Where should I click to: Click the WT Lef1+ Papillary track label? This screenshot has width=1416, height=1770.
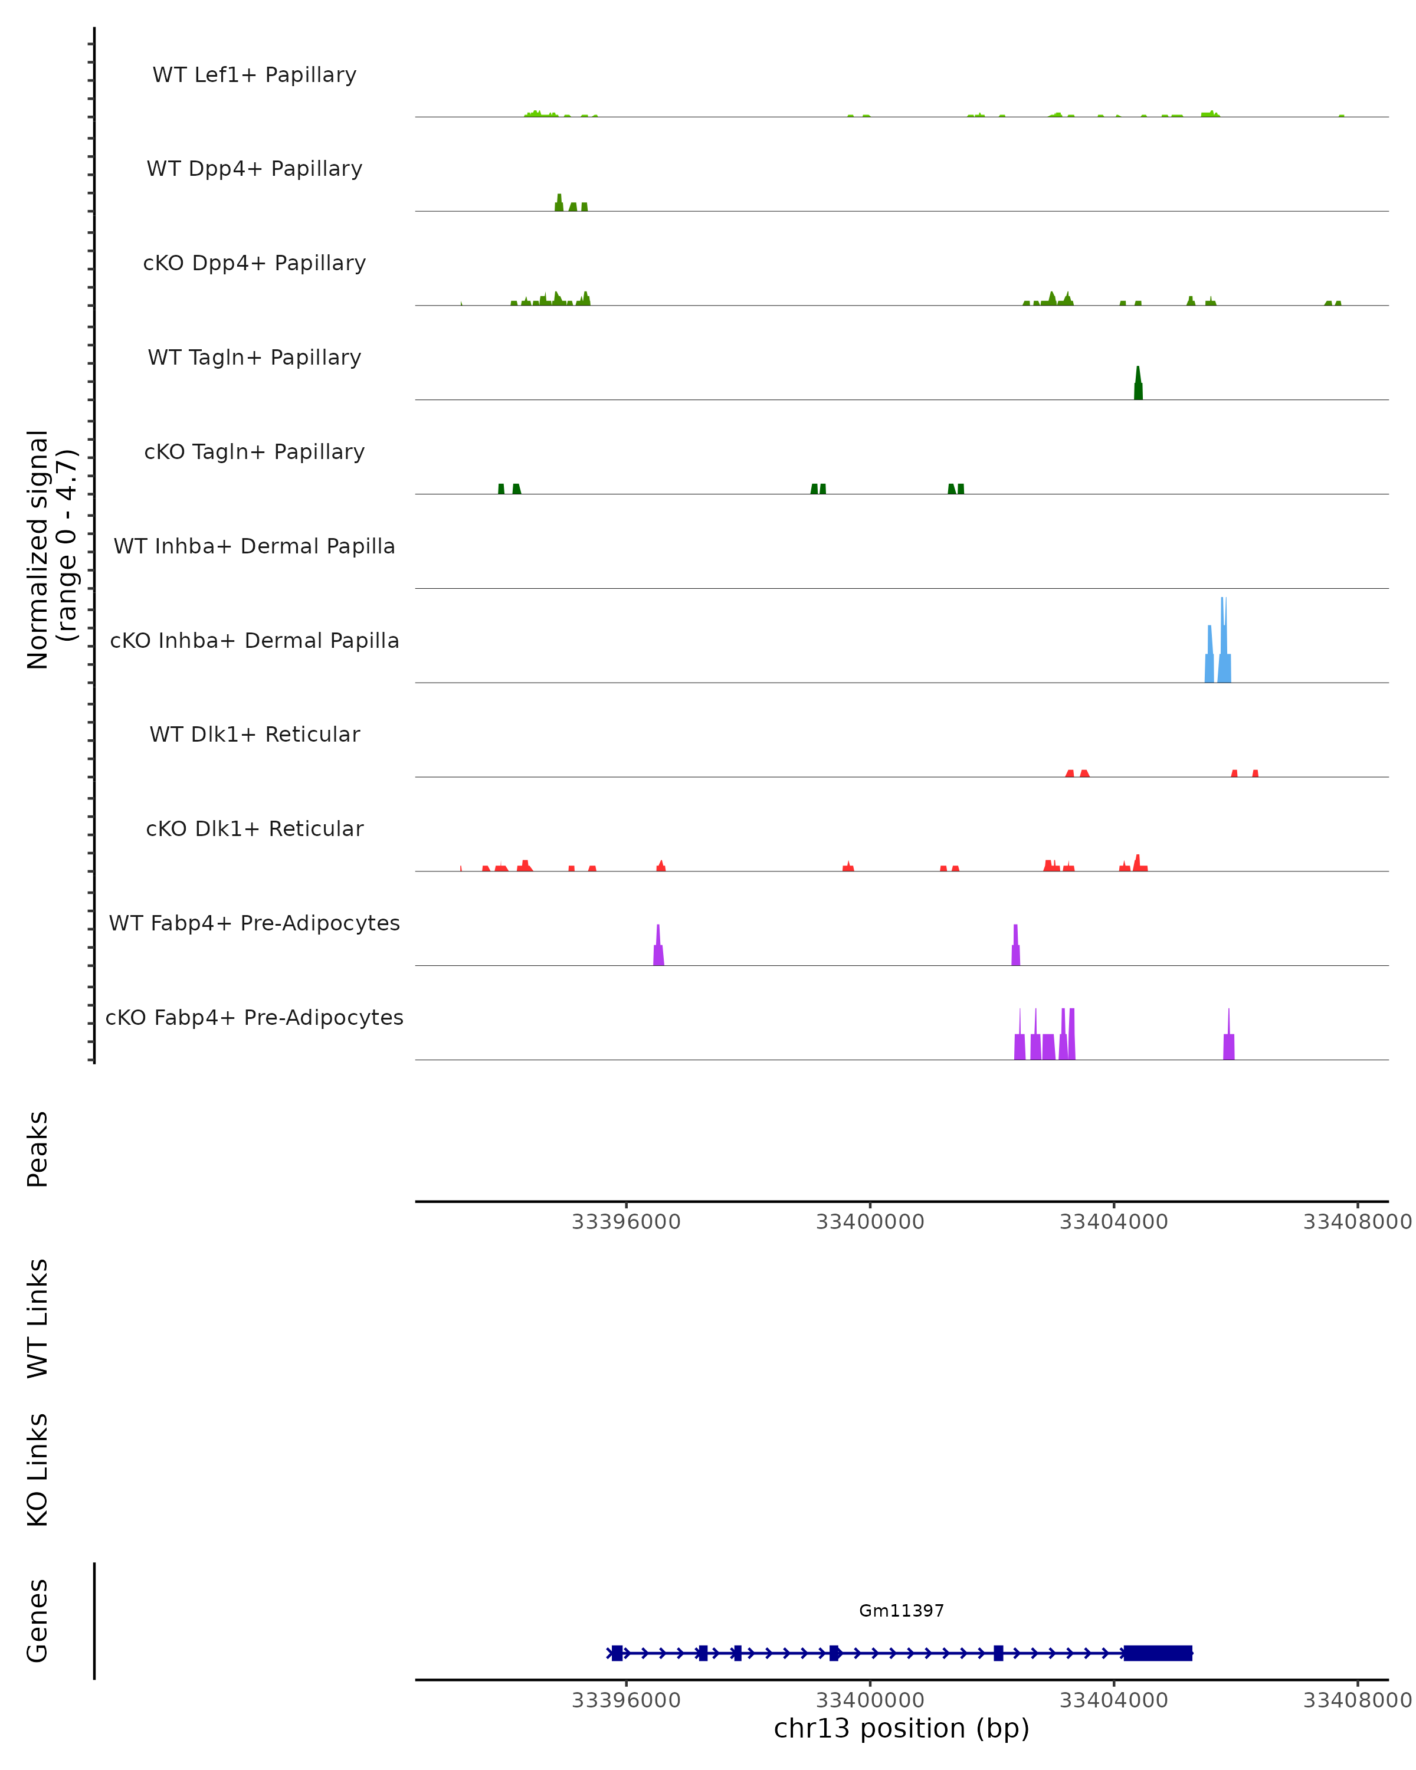click(x=254, y=75)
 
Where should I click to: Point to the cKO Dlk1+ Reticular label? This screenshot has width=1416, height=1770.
click(x=254, y=828)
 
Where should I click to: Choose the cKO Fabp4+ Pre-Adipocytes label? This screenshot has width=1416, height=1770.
click(x=254, y=1017)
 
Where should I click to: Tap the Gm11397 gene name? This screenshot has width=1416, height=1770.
click(x=902, y=1611)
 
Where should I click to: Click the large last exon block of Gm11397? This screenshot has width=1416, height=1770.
click(x=1158, y=1653)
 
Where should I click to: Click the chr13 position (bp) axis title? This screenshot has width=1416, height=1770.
click(x=902, y=1728)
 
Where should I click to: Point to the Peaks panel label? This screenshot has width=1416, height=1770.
click(x=38, y=1149)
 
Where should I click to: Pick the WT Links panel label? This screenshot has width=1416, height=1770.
click(x=38, y=1317)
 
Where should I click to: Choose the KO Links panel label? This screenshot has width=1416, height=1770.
click(x=38, y=1470)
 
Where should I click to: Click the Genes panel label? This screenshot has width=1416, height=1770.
click(x=38, y=1621)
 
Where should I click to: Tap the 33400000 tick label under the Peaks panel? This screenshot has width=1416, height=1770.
click(x=870, y=1222)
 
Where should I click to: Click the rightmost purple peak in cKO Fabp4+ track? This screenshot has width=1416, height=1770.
click(x=1229, y=1044)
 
